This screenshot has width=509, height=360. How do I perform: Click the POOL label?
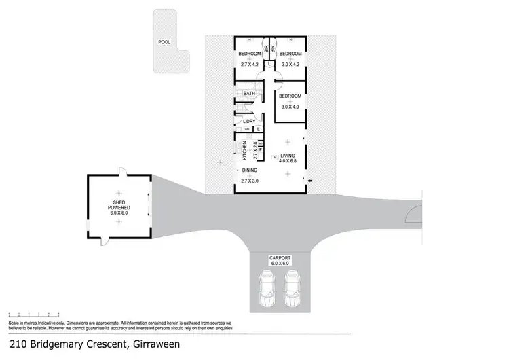pos(164,41)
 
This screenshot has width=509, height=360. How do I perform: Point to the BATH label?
pos(249,94)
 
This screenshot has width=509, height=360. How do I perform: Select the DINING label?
pos(249,170)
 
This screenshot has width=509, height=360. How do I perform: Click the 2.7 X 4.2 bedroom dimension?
pos(250,64)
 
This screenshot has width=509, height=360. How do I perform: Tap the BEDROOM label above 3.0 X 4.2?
pos(290,53)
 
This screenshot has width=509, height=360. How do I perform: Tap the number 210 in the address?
pos(16,344)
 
